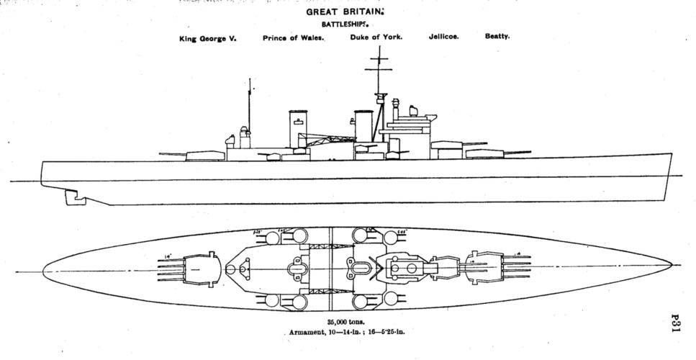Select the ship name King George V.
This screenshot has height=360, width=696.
tap(208, 39)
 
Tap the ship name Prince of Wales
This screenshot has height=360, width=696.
tap(294, 39)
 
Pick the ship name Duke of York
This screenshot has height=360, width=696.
tap(376, 37)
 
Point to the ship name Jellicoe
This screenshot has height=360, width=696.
tap(444, 36)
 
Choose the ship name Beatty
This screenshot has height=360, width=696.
tap(497, 36)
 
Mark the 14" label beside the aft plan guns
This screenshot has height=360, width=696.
tap(168, 256)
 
